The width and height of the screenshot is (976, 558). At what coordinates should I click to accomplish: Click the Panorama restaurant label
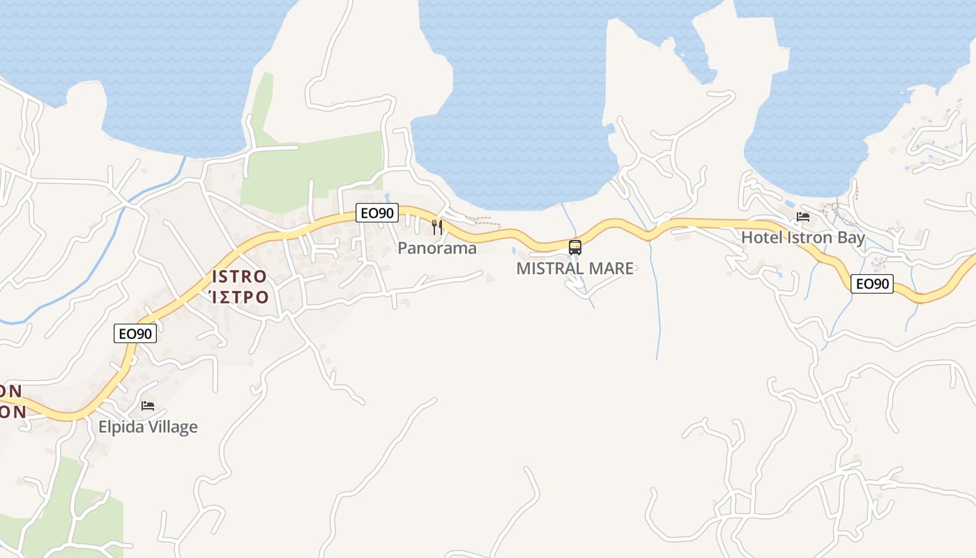[x=437, y=248]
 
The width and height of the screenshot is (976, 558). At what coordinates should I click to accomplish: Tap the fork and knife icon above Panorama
[x=437, y=227]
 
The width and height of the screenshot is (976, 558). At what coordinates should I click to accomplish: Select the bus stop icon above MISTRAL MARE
[x=575, y=247]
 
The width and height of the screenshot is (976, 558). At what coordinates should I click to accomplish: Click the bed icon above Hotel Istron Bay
[x=803, y=217]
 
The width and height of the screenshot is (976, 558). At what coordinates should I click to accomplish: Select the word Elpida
[x=123, y=427]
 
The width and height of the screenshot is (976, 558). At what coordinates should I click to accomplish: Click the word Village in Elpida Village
[x=174, y=427]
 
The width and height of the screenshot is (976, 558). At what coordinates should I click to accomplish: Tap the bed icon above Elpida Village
[x=148, y=405]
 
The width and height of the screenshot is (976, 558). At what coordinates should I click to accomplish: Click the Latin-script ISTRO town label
[x=239, y=277]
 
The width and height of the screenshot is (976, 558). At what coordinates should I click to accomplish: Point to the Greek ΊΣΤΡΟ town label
[x=239, y=297]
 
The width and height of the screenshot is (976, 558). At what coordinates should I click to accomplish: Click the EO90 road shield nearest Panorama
[x=377, y=213]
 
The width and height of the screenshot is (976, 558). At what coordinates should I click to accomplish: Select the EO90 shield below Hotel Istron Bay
[x=872, y=284]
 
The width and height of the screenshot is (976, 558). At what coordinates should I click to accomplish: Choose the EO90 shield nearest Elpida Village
[x=135, y=334]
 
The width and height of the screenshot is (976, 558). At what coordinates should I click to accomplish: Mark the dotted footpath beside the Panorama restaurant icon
[x=481, y=220]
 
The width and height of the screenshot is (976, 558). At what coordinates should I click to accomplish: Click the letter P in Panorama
[x=402, y=248]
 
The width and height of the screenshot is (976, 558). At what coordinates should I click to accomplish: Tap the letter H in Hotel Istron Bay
[x=746, y=237]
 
